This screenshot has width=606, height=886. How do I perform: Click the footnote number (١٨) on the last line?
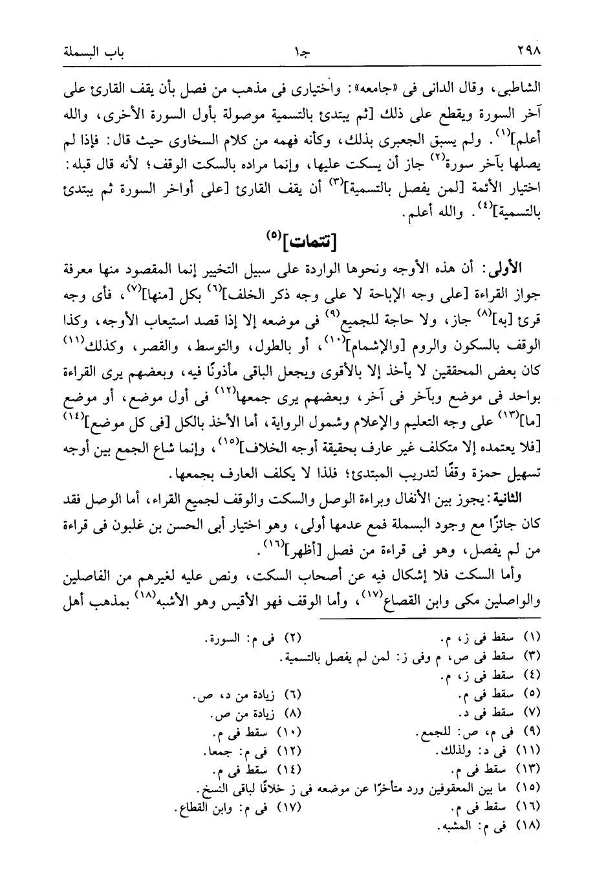(x=529, y=826)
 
